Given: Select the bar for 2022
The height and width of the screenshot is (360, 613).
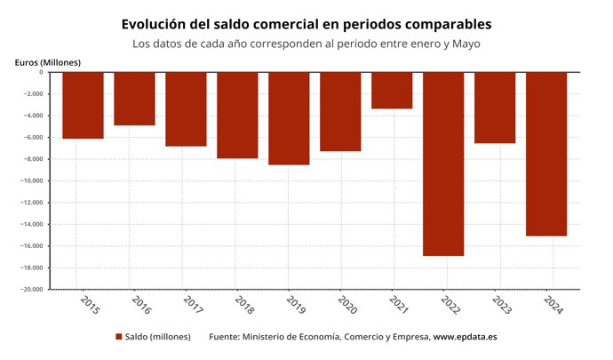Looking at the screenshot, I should point(443,164).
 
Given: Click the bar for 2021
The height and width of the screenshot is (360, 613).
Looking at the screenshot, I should point(392,91).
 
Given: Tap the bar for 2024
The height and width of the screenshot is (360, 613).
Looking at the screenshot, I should point(546,154).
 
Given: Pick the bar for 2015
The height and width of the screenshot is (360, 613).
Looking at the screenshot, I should point(83,106).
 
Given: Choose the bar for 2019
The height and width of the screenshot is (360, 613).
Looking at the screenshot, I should point(289,118).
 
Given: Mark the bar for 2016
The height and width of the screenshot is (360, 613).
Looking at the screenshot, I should point(134,99).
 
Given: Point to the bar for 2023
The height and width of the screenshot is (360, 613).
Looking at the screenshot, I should point(495,108).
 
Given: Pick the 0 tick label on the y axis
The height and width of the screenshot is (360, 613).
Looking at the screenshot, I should point(41,73).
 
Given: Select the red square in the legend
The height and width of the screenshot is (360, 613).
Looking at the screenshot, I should point(118,337).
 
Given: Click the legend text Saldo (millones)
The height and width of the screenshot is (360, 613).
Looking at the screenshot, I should point(157,337).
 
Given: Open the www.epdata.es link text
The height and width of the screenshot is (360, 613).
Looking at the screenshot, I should point(465,337).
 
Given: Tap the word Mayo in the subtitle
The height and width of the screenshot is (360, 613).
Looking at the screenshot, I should point(466,44).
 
